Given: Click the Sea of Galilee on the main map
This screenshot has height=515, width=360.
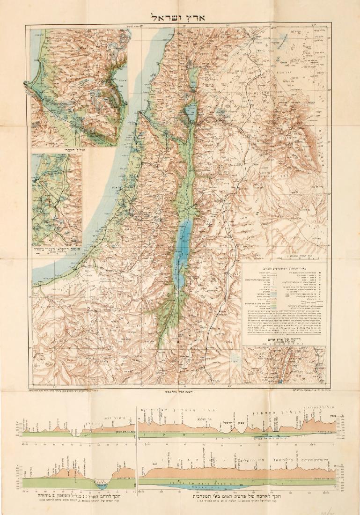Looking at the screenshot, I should click(189, 111).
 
